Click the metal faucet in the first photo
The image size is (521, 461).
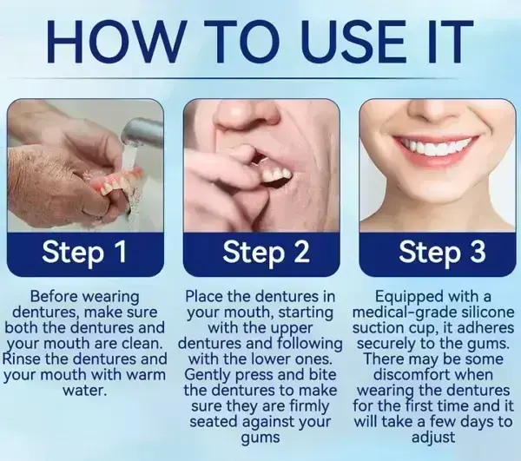pyautogui.click(x=143, y=130)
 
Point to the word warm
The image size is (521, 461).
pyautogui.click(x=143, y=375)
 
